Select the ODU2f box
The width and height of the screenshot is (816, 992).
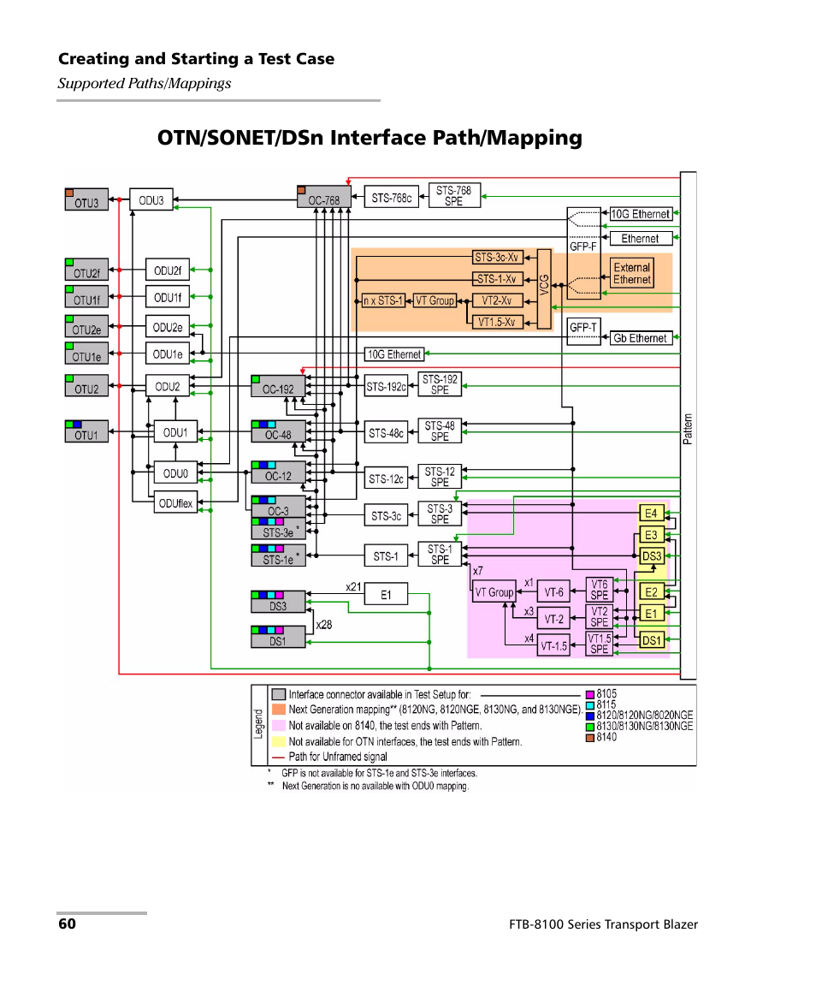(x=167, y=270)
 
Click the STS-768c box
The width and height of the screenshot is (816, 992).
(x=391, y=198)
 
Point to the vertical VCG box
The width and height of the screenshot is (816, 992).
(x=544, y=288)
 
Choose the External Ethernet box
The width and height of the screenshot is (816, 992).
(x=632, y=274)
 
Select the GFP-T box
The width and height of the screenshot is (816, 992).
(x=583, y=328)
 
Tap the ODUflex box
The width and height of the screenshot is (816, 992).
(x=174, y=503)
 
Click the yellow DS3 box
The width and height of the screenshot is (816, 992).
(x=652, y=555)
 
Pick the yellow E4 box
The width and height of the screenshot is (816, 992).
(x=652, y=514)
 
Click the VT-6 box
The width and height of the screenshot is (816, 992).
(x=553, y=591)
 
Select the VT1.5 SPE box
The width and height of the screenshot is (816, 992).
(x=600, y=644)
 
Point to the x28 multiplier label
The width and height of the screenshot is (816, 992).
(x=323, y=625)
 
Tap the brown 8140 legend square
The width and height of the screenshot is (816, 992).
(x=589, y=737)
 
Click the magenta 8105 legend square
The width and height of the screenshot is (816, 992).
(x=589, y=694)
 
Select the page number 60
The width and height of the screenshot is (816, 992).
(x=67, y=924)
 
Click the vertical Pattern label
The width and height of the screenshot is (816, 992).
(x=688, y=429)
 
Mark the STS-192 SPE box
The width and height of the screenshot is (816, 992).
(x=440, y=384)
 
